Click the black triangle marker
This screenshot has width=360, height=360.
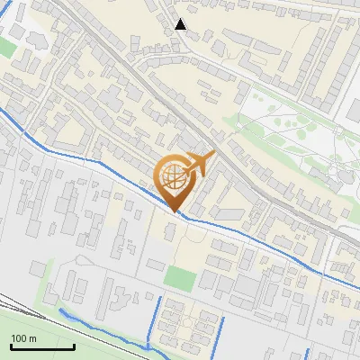pyautogui.click(x=181, y=24)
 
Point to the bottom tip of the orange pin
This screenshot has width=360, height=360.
pyautogui.click(x=175, y=212)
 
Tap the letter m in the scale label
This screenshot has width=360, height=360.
pyautogui.click(x=33, y=338)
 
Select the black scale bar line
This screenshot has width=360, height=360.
pyautogui.click(x=42, y=346)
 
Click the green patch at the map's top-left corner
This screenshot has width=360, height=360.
pyautogui.click(x=6, y=47)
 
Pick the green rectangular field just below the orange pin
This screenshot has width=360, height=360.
pyautogui.click(x=179, y=278)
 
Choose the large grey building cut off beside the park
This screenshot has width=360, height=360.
pyautogui.click(x=352, y=108)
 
